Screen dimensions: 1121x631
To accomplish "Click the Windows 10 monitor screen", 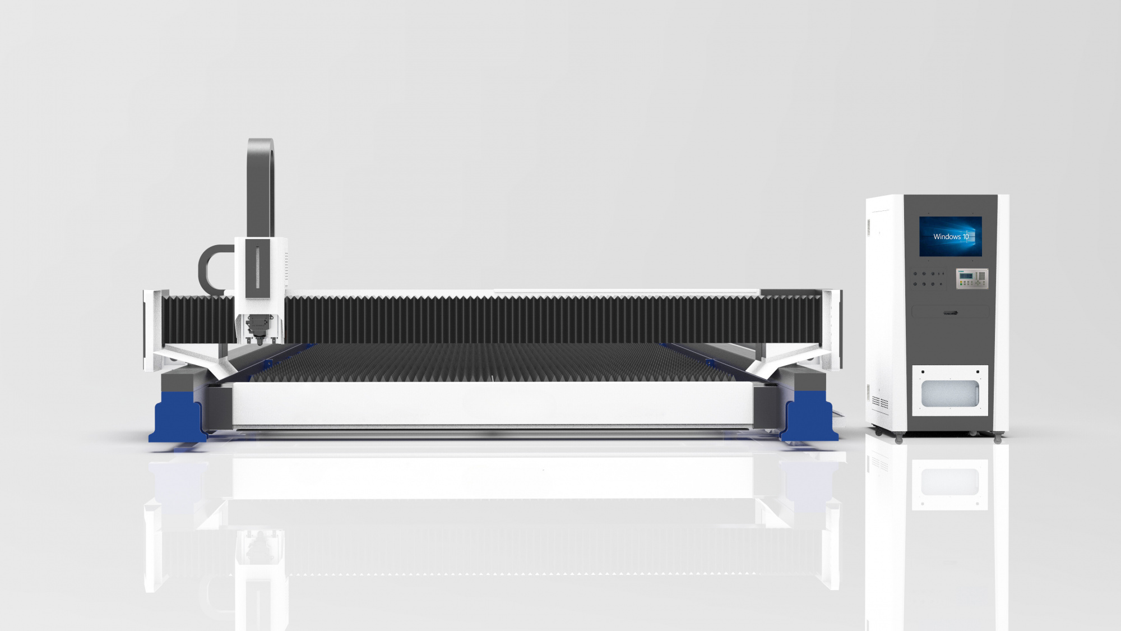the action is [x=951, y=237].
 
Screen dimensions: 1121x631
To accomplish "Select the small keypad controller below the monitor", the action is [x=972, y=279].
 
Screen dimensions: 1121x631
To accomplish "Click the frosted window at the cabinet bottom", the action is [x=950, y=393].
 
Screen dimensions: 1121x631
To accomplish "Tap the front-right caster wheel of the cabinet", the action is [x=998, y=439].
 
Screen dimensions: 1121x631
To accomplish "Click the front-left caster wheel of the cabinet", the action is [x=899, y=439].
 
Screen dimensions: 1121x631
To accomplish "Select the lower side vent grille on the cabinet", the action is [x=880, y=402].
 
